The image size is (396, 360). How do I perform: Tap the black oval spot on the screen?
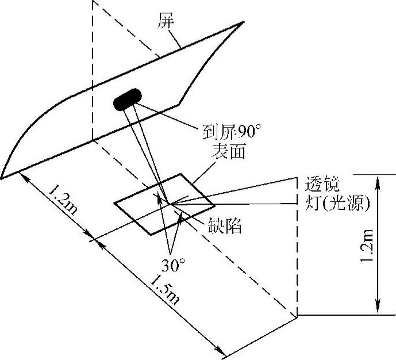[x=129, y=99]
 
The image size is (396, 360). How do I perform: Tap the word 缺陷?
[x=224, y=225]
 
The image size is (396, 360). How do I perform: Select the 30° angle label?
[x=172, y=266]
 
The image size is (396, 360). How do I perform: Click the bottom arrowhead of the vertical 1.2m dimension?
[x=377, y=311]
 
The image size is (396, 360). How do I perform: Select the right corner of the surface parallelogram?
[x=215, y=205]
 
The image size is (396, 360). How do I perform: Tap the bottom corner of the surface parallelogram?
[x=151, y=234]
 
